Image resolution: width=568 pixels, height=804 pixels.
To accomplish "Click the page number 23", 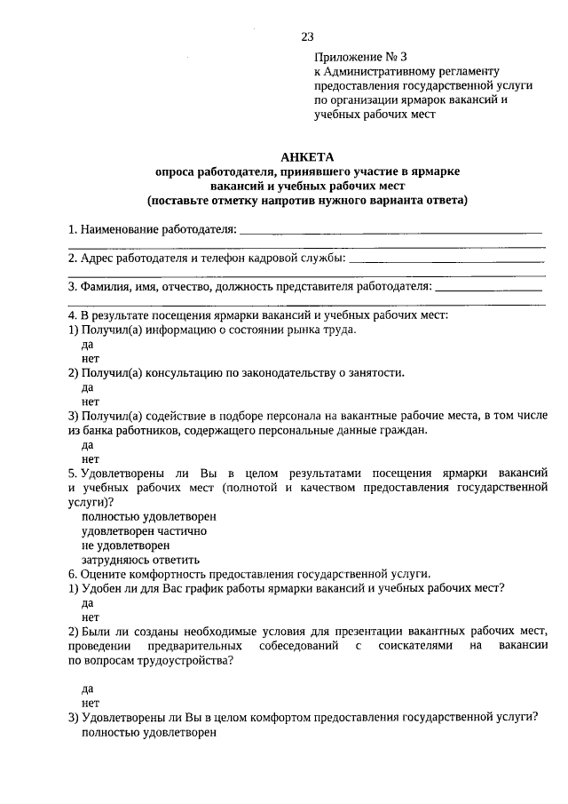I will tap(307, 36).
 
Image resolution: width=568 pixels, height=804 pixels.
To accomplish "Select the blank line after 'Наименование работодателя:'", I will tap(390, 230).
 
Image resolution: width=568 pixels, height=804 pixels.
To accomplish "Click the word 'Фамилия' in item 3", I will tap(102, 287).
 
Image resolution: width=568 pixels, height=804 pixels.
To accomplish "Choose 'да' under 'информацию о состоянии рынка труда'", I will tap(87, 344).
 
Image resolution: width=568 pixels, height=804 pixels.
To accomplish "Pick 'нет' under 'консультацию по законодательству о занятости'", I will tap(90, 401).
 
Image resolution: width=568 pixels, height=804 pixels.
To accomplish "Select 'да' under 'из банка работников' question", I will tap(87, 444).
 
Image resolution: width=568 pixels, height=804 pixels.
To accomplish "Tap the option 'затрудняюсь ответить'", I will tap(140, 560).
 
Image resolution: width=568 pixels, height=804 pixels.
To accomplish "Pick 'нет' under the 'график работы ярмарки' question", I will tap(90, 617).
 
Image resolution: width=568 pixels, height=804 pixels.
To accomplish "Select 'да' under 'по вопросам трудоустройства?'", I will tap(87, 688).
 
